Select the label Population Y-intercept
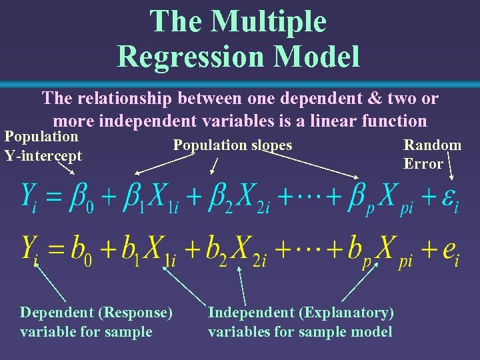click(x=43, y=146)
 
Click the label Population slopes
click(x=233, y=145)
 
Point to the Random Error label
click(x=432, y=154)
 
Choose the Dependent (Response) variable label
click(x=96, y=322)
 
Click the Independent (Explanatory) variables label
click(x=301, y=322)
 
